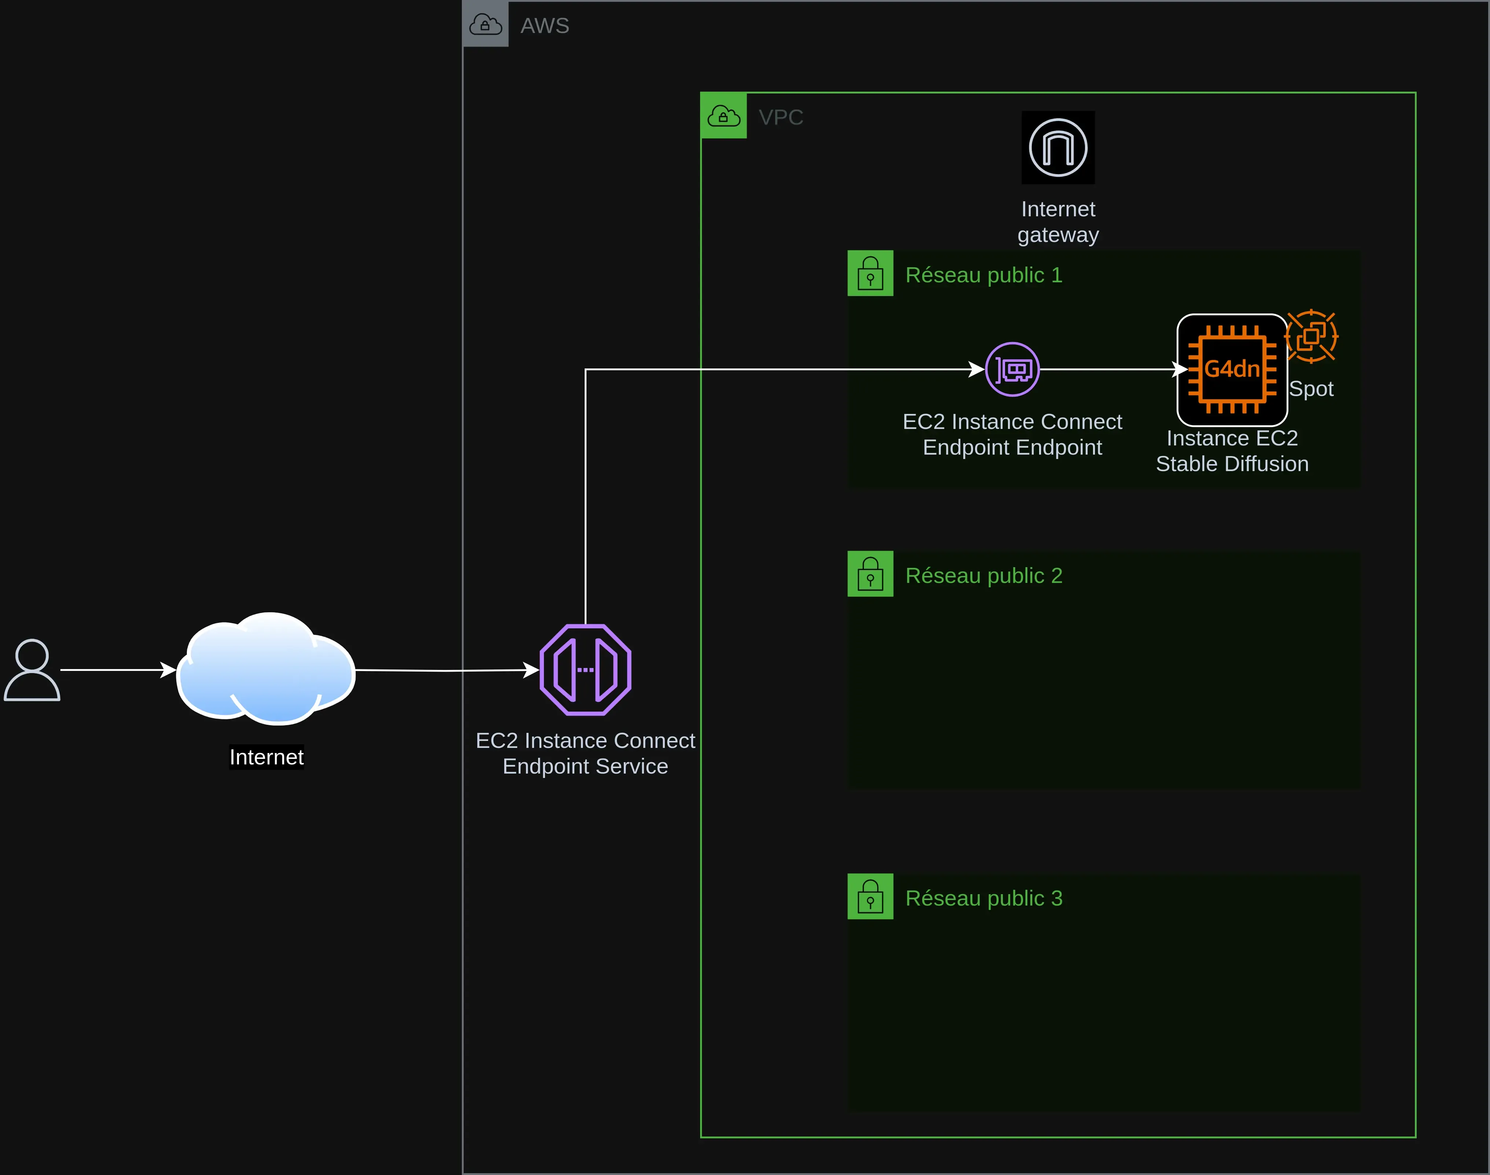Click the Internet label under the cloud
[266, 757]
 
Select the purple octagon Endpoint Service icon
[585, 669]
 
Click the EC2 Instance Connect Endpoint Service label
[585, 753]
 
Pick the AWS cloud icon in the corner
[486, 25]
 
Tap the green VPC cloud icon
[724, 115]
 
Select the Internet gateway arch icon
[1058, 147]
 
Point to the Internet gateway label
[1058, 221]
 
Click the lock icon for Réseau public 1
[870, 273]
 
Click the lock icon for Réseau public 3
[870, 896]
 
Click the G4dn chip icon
[1232, 370]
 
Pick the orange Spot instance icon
[1311, 337]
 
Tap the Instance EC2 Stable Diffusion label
[1232, 451]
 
